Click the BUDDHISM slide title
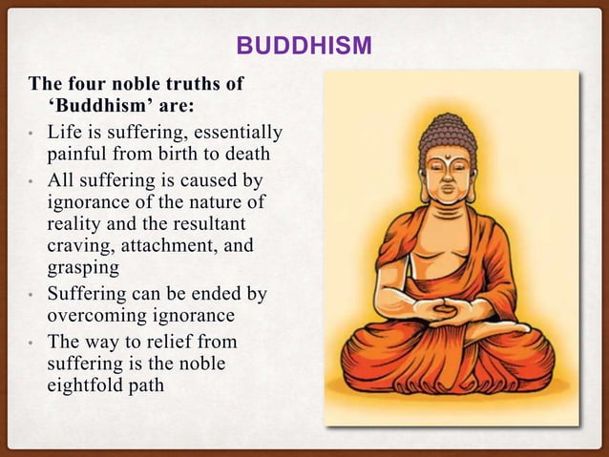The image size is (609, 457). click(304, 47)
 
